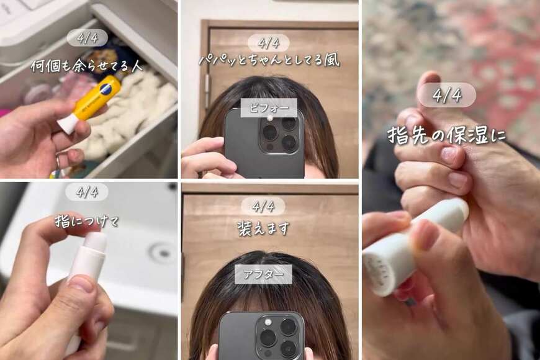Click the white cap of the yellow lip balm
(68, 122)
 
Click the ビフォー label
(269, 107)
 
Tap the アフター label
(263, 274)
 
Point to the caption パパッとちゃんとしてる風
(269, 61)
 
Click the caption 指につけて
(86, 220)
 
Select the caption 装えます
(263, 228)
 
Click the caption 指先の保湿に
(446, 135)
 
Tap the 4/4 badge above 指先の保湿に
(446, 95)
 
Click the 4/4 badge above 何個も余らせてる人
(86, 37)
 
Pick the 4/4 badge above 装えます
(263, 205)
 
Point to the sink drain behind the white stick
(163, 252)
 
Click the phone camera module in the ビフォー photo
(279, 133)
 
